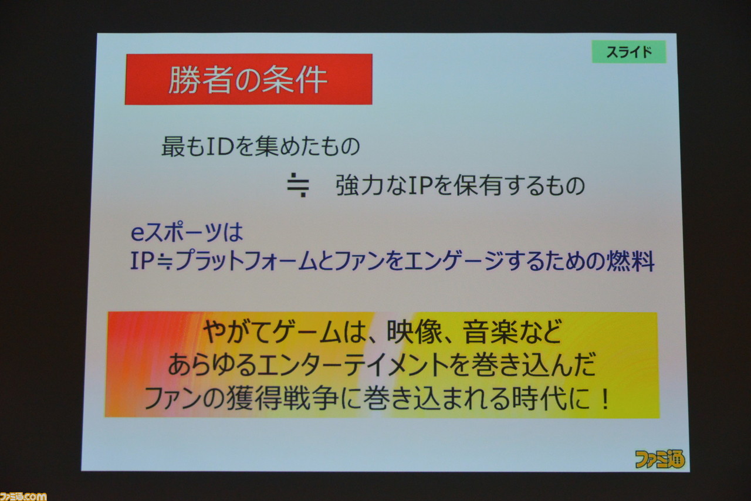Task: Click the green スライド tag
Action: [629, 52]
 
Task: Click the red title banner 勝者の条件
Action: [248, 79]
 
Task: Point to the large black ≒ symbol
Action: [298, 185]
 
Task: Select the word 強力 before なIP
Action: [360, 185]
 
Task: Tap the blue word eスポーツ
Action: [176, 232]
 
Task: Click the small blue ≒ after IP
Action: [164, 261]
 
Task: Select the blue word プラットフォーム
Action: [245, 261]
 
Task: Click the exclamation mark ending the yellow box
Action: [605, 399]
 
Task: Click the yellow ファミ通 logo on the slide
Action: [659, 459]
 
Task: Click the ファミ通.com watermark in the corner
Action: [23, 496]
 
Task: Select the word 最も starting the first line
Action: [183, 147]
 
